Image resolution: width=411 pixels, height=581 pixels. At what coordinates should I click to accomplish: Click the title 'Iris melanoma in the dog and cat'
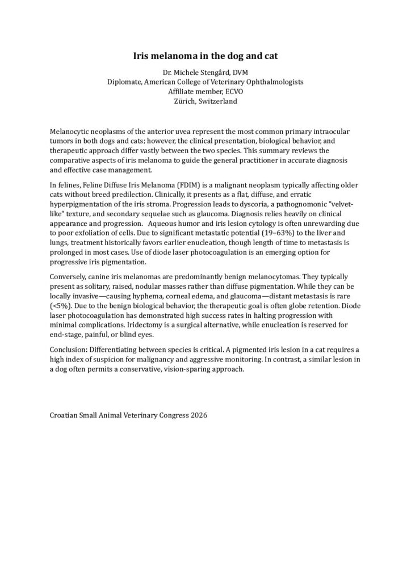(205, 56)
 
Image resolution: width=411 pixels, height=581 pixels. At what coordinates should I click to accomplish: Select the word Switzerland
(216, 101)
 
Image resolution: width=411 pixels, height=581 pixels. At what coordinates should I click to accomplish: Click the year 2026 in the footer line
(197, 415)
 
